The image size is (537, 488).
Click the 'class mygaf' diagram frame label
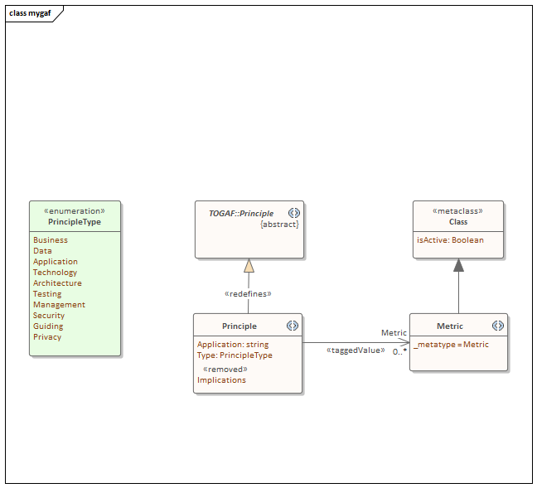(x=31, y=13)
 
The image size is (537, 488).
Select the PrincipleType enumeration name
(x=75, y=222)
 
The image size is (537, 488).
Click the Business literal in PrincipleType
(x=51, y=240)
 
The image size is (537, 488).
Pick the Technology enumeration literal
(x=55, y=273)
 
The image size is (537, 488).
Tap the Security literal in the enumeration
(x=49, y=316)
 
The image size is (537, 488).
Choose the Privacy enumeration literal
(x=47, y=337)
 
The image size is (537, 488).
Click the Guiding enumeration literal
(x=48, y=326)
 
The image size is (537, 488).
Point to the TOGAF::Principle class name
(x=241, y=214)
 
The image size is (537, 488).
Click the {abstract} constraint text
(x=279, y=225)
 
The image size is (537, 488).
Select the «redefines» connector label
(x=249, y=294)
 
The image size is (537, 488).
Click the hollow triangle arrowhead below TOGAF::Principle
(x=249, y=265)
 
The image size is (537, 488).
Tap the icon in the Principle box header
(x=293, y=326)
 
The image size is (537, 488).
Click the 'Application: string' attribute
(x=233, y=345)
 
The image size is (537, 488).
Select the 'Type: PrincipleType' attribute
(x=235, y=355)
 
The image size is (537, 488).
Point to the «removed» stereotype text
(x=225, y=370)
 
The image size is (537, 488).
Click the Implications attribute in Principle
(x=221, y=380)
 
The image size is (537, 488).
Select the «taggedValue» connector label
(x=356, y=350)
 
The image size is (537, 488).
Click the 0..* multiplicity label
(x=399, y=352)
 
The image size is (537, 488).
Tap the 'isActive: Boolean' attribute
(x=450, y=240)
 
